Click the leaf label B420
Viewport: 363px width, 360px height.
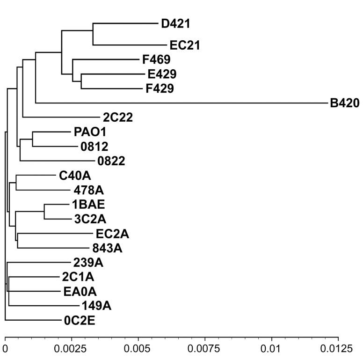point(345,103)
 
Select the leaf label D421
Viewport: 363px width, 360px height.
point(175,23)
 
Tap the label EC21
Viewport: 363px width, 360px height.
point(185,45)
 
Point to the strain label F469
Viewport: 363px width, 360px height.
point(156,59)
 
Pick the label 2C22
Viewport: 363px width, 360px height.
point(118,118)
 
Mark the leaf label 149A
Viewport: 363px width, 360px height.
point(96,306)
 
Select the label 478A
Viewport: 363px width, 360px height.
point(89,190)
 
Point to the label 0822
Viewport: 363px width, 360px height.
point(111,161)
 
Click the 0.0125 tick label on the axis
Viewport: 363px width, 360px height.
point(338,349)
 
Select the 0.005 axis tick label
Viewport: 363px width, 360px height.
point(138,349)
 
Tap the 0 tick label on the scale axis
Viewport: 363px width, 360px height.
point(5,349)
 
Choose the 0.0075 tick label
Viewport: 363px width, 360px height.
point(204,349)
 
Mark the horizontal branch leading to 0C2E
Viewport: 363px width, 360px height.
point(33,320)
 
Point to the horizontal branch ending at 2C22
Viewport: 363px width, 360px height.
point(61,117)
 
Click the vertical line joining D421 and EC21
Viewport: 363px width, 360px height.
point(93,34)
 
